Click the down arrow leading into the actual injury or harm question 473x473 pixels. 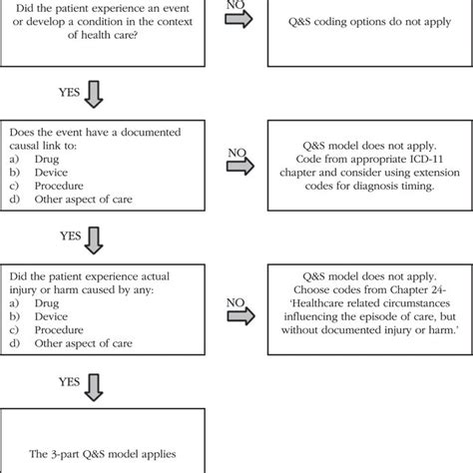click(95, 238)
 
